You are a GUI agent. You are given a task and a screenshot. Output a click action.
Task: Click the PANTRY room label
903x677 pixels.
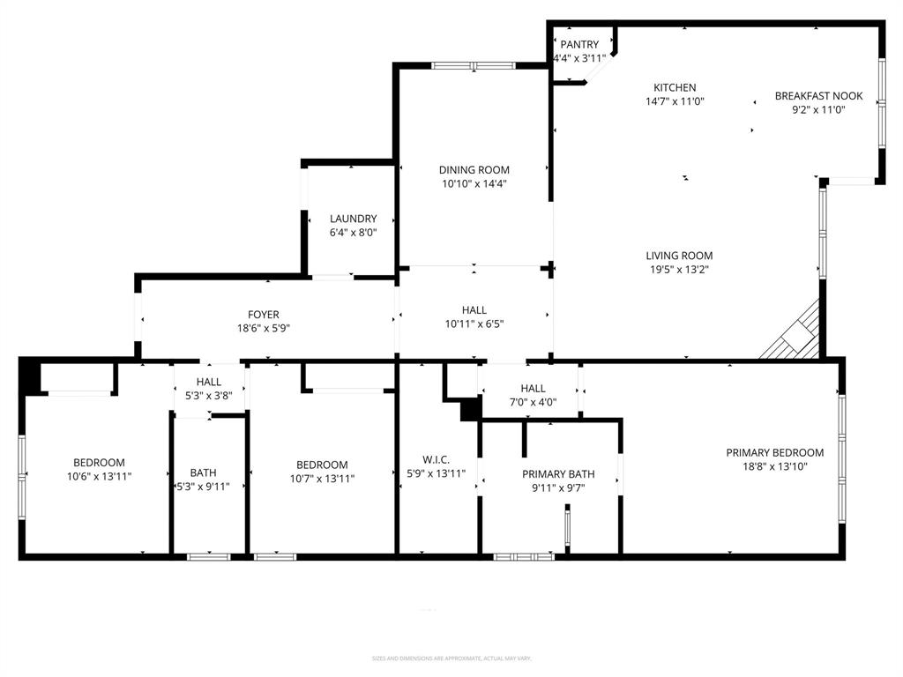point(579,45)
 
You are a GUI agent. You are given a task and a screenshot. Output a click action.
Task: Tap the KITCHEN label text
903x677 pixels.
point(675,87)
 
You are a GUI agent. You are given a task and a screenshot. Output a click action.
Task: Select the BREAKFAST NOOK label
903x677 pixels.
point(818,96)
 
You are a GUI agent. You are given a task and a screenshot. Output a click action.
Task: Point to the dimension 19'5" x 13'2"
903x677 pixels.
point(679,270)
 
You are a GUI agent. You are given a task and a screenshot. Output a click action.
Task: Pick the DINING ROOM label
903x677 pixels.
point(474,170)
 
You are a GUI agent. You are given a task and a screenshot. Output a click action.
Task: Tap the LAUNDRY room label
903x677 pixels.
point(354,219)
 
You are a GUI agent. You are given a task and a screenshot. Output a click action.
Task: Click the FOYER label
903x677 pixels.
point(263,315)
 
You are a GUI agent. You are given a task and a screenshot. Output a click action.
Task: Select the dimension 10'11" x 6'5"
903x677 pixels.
point(474,324)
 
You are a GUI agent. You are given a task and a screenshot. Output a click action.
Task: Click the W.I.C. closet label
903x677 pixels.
point(436,459)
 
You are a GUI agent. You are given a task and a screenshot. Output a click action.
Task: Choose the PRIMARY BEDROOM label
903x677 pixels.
point(775,453)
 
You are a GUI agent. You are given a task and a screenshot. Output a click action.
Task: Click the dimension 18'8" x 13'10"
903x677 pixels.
point(775,467)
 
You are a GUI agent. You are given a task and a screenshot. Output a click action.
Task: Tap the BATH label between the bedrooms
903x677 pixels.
point(203,472)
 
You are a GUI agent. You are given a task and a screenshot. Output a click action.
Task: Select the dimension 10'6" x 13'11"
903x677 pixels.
point(99,476)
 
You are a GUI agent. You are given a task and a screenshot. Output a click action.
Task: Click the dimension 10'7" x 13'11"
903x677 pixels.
point(322,479)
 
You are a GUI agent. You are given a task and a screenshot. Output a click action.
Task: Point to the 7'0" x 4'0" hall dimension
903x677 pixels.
point(533,402)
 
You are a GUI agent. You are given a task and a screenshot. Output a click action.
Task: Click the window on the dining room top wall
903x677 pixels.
point(474,65)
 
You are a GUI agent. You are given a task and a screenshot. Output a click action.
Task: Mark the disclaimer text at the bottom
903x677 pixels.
point(451,658)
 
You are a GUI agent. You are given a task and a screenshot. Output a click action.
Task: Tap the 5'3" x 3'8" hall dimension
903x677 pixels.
point(209,396)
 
